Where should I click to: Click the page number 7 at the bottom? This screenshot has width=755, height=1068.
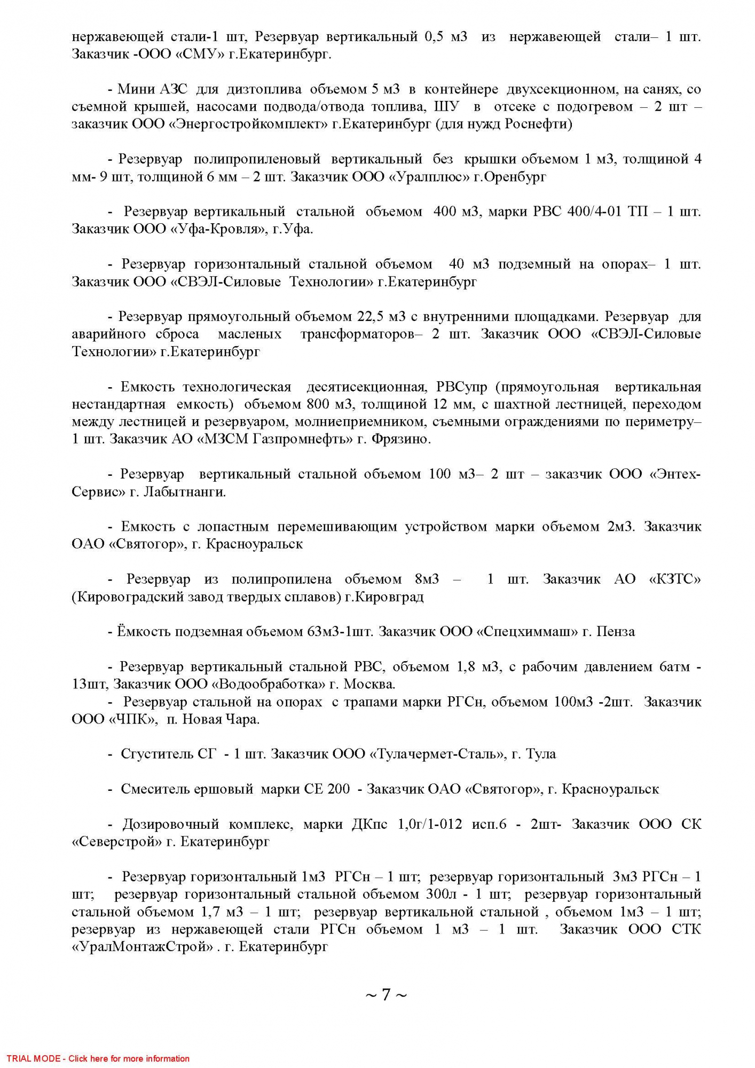pos(386,994)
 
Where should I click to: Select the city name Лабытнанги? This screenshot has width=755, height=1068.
pos(184,492)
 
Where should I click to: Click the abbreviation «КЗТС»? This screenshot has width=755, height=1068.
pos(674,579)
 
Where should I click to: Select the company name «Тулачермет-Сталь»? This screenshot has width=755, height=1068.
pos(437,754)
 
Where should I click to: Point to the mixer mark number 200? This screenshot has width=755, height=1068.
pos(339,789)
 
